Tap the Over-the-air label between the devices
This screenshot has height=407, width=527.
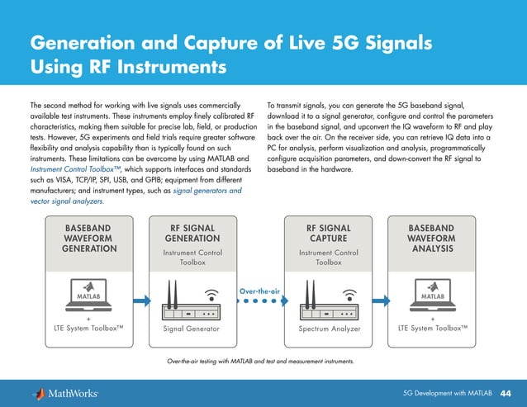pos(261,290)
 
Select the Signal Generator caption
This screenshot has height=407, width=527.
pos(192,329)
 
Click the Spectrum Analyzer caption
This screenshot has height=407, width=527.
pos(329,329)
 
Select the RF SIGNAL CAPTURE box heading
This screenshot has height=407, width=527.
pos(329,234)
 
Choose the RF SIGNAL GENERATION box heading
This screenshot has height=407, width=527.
pos(192,234)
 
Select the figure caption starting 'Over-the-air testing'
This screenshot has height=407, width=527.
pos(260,362)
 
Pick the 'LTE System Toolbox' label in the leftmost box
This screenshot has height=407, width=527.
pos(88,329)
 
